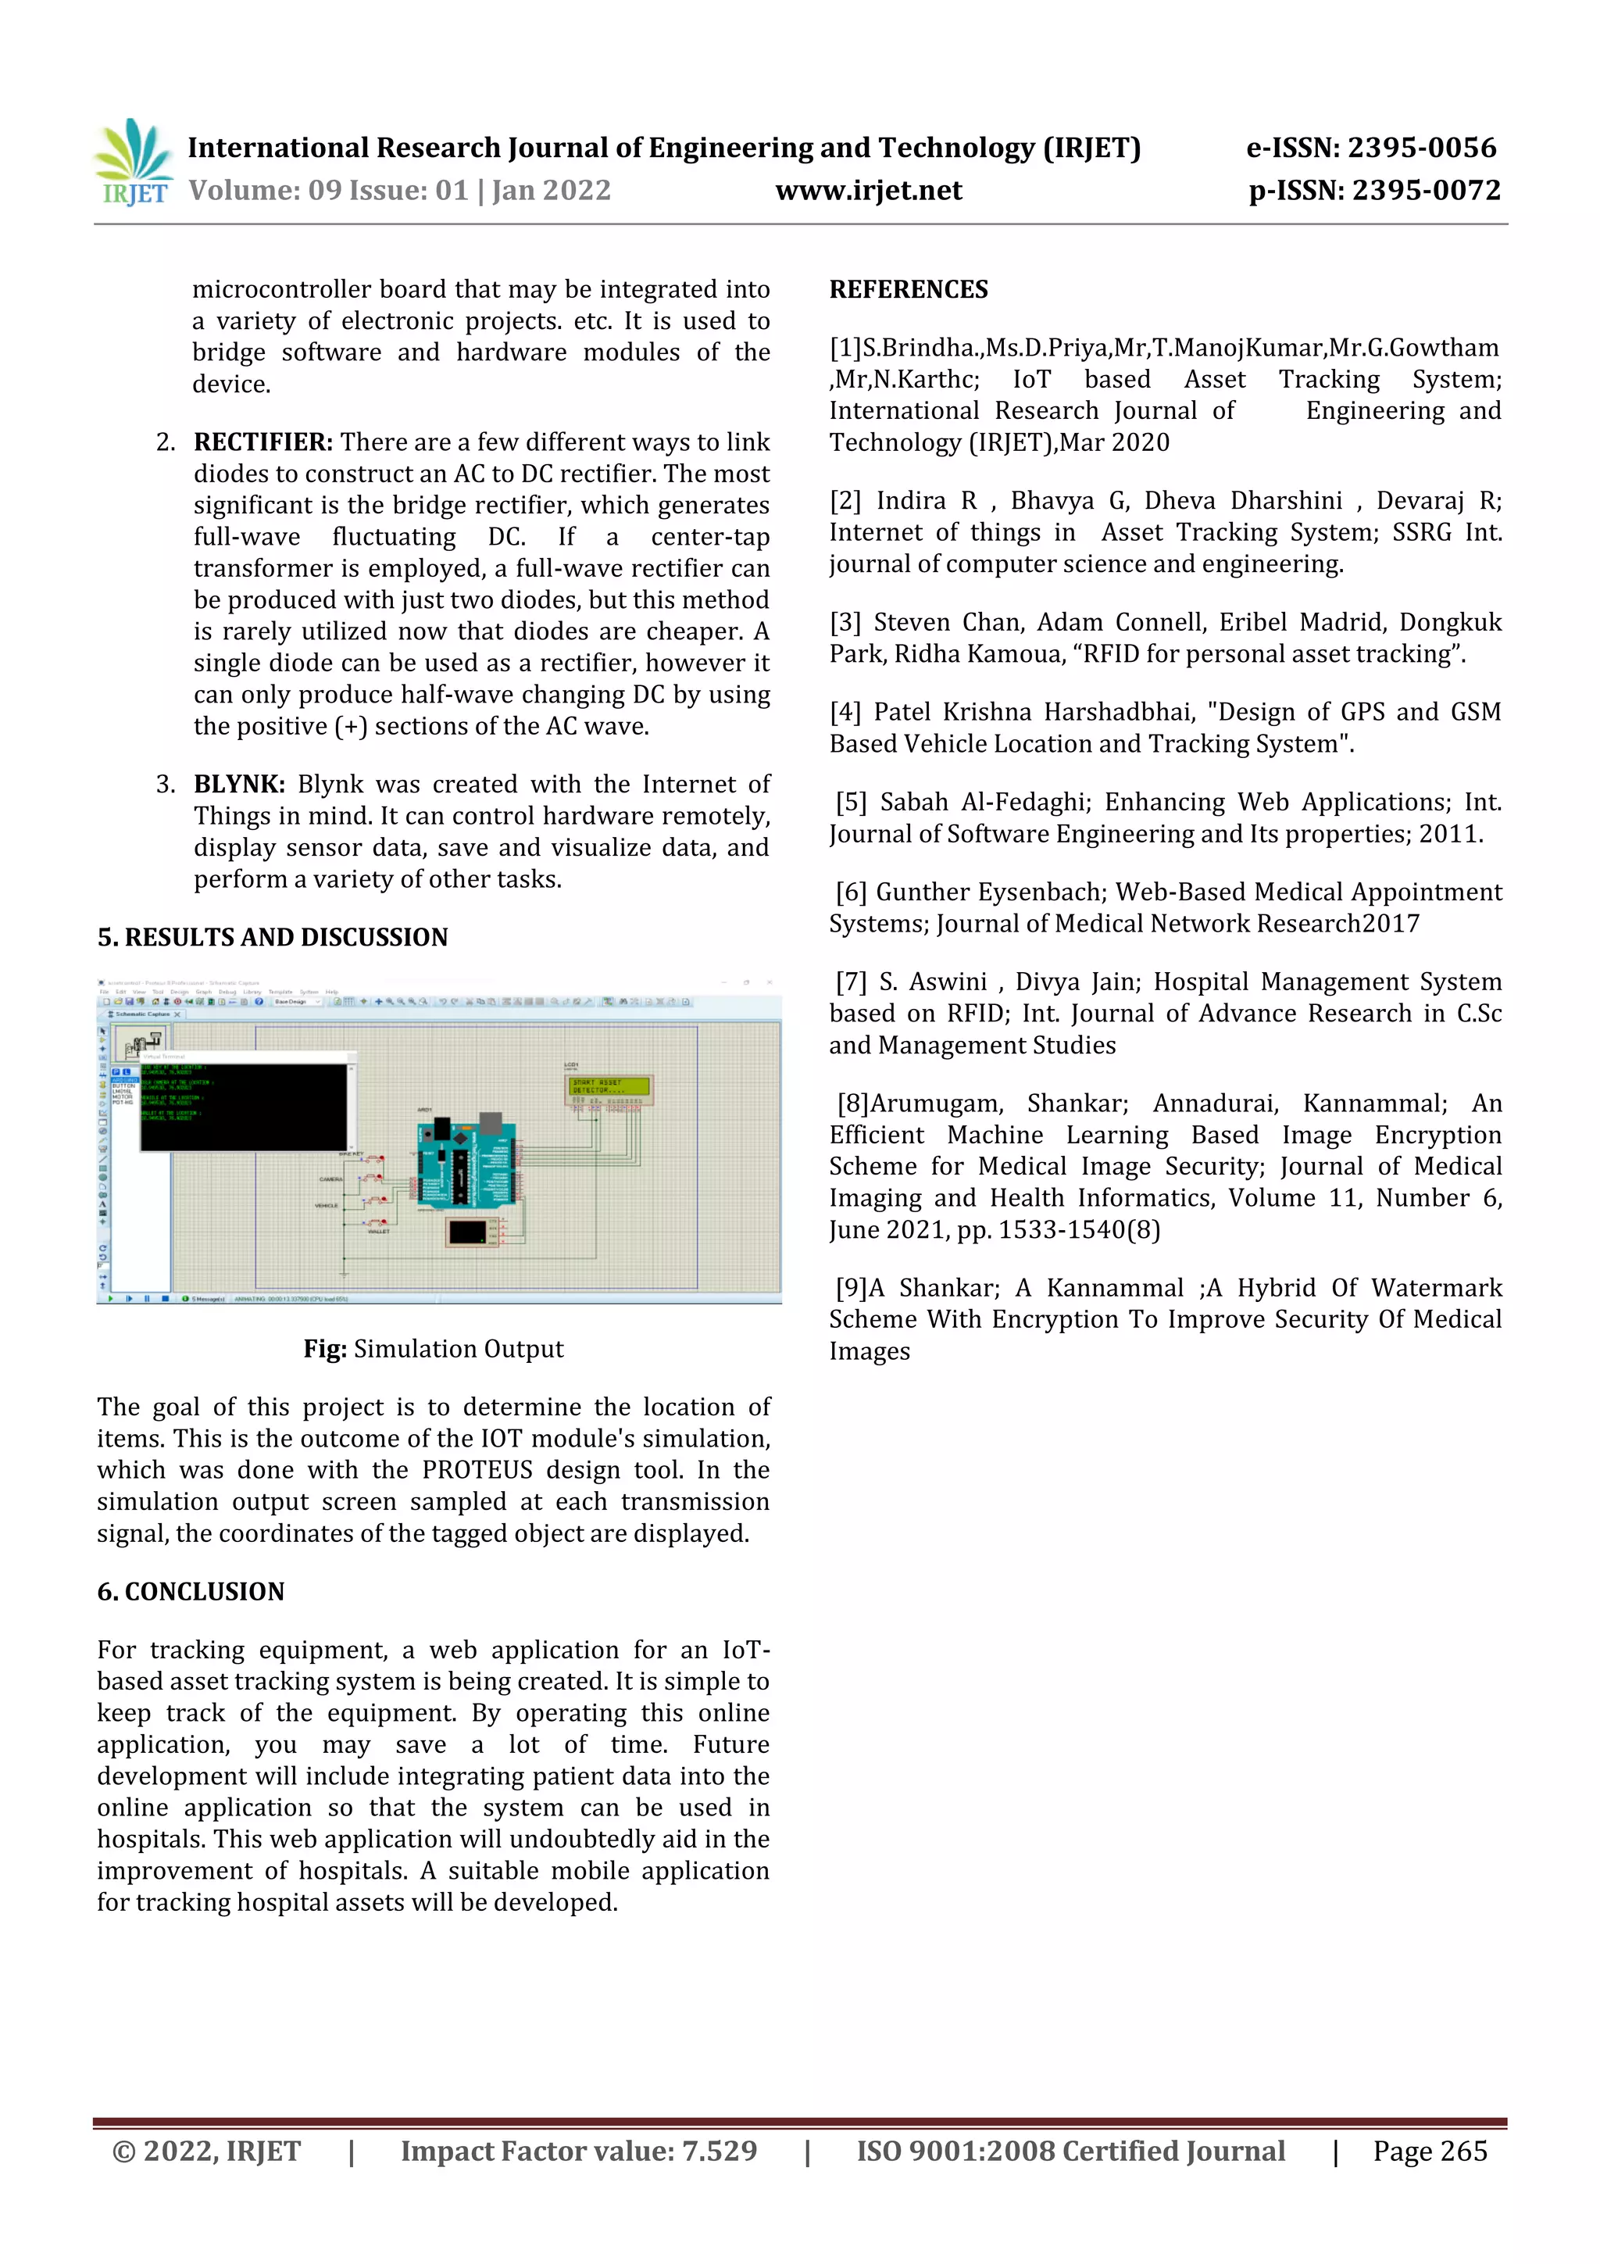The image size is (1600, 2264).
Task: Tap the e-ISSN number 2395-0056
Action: pyautogui.click(x=1420, y=148)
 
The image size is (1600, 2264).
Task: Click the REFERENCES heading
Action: pyautogui.click(x=908, y=290)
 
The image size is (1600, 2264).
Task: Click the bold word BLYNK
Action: pyautogui.click(x=238, y=784)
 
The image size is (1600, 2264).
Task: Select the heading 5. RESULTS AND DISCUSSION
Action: pyautogui.click(x=272, y=937)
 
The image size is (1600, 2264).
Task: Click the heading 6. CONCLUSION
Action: pyautogui.click(x=191, y=1591)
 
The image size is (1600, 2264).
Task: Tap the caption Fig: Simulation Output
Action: pyautogui.click(x=433, y=1349)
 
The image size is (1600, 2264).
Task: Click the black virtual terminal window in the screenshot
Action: pyautogui.click(x=244, y=1107)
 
